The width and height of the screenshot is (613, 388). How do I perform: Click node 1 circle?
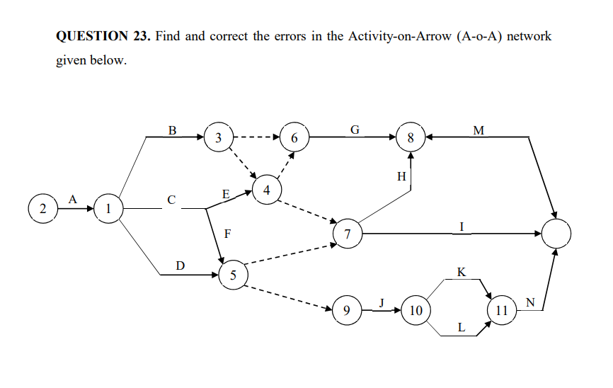pos(108,209)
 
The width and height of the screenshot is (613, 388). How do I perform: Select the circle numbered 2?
pos(42,209)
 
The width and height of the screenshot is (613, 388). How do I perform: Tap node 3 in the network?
pos(219,137)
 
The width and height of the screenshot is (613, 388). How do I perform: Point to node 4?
pos(267,190)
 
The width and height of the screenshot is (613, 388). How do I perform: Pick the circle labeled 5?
pos(233,275)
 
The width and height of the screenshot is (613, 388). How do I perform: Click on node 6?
pos(294,137)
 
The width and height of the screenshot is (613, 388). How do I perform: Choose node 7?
pos(348,234)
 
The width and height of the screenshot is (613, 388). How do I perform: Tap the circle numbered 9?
pos(346,310)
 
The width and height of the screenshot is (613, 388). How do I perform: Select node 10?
pos(416,310)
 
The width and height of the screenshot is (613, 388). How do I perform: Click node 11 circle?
pos(502,310)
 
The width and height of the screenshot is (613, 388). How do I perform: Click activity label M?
pos(479,130)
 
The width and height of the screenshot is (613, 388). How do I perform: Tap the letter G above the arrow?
pos(355,130)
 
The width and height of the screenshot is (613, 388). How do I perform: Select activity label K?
pos(462,272)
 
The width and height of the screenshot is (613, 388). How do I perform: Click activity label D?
pos(181,266)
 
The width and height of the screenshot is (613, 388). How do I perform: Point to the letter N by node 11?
pos(531,302)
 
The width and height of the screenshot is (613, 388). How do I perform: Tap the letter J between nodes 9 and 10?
pos(381,302)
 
